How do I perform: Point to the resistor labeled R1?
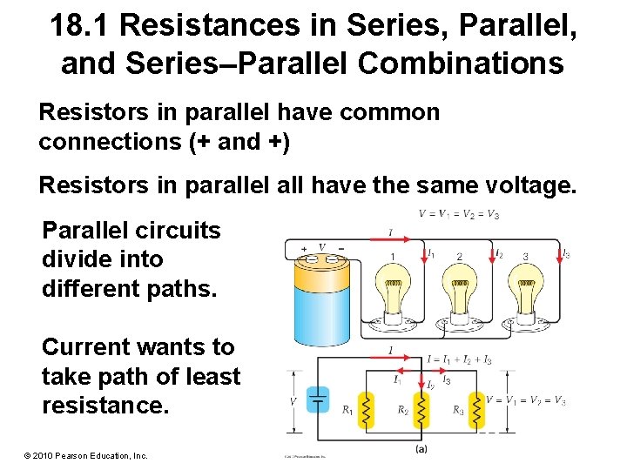tap(367, 409)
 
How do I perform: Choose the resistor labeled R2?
tap(421, 409)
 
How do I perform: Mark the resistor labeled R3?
tap(475, 409)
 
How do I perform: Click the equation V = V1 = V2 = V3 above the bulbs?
tap(459, 214)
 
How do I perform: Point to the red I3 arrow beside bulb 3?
tap(558, 253)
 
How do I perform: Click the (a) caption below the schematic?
tap(421, 449)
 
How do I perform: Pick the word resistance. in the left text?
tap(104, 405)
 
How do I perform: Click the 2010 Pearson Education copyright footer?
tap(79, 455)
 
